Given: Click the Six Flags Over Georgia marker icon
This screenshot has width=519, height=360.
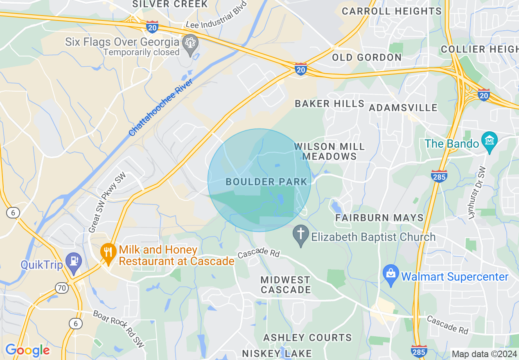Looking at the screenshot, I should pyautogui.click(x=190, y=43).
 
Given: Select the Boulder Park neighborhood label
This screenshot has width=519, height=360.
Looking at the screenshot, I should pyautogui.click(x=266, y=182).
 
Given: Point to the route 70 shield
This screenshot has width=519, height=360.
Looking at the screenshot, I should pyautogui.click(x=62, y=288).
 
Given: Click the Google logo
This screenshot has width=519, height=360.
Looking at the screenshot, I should pyautogui.click(x=27, y=350).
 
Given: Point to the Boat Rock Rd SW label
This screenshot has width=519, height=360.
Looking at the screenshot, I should pyautogui.click(x=119, y=329).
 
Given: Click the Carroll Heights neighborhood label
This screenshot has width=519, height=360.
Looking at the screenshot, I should pyautogui.click(x=392, y=11).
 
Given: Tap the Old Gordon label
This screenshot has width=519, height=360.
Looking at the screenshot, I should pyautogui.click(x=367, y=57).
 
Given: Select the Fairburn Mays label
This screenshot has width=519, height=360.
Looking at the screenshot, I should pyautogui.click(x=379, y=218).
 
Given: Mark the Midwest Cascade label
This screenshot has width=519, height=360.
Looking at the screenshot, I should pyautogui.click(x=286, y=285).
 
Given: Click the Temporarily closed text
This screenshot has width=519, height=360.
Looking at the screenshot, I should pyautogui.click(x=141, y=52).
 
